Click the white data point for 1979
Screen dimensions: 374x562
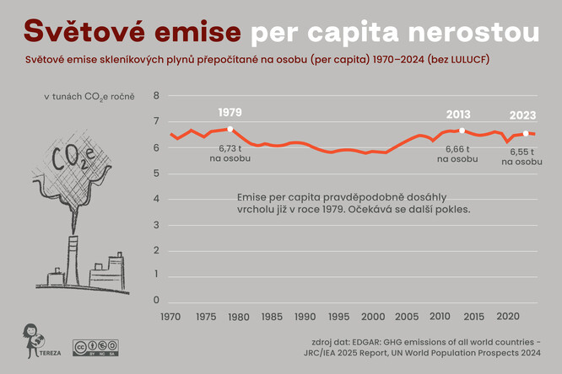coord(230,129)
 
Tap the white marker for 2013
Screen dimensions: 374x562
coord(462,131)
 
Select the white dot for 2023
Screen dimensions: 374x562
coord(526,133)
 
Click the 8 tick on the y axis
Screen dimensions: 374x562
coord(155,95)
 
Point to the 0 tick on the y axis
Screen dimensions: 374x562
coord(155,301)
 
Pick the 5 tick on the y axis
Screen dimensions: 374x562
coord(155,173)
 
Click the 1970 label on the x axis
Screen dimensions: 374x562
coord(170,317)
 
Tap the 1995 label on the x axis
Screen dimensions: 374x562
coord(339,317)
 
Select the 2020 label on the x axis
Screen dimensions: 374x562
coord(507,317)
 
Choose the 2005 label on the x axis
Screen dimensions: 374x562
coord(407,317)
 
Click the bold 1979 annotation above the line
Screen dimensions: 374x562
coord(230,112)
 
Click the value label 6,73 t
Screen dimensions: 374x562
coord(230,148)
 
